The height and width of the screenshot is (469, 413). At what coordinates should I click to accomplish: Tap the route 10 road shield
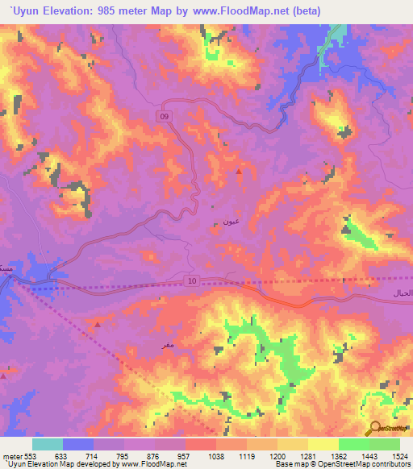pos(190,280)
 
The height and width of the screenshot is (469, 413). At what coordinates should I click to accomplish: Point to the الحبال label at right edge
pos(401,291)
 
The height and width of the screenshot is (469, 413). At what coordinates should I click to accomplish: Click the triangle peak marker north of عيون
pos(238,171)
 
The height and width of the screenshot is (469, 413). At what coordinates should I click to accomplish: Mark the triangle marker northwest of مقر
pos(98,324)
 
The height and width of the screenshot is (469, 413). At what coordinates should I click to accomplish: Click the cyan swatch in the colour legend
pos(48,444)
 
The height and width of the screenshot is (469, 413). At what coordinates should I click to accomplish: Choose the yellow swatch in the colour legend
pos(323,444)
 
